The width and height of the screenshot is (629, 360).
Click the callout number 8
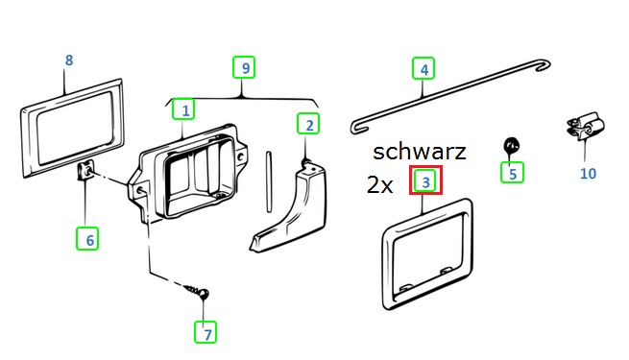(x=69, y=60)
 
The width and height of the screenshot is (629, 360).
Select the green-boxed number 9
(x=244, y=67)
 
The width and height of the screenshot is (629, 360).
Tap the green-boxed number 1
(x=183, y=109)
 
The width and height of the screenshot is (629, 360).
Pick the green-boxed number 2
(x=308, y=124)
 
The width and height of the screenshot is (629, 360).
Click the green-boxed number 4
(x=423, y=69)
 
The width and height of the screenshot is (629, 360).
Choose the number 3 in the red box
(x=425, y=180)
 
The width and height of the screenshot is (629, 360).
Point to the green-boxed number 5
(x=512, y=173)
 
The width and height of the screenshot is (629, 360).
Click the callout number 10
(x=588, y=174)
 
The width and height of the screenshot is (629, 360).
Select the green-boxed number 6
(x=87, y=238)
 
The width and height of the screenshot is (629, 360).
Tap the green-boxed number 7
(x=206, y=332)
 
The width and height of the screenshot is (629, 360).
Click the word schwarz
(x=420, y=152)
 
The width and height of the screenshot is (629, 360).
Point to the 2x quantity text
(x=379, y=185)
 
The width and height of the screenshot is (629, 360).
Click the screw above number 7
(x=199, y=292)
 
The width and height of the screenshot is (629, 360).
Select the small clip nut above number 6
(x=85, y=171)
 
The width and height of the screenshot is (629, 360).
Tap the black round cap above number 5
(x=512, y=145)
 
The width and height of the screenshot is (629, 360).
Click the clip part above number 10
(x=585, y=126)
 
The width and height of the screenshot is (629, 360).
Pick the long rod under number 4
(x=450, y=96)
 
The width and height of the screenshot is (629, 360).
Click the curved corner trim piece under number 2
(x=290, y=206)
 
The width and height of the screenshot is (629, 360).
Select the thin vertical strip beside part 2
(x=269, y=181)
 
